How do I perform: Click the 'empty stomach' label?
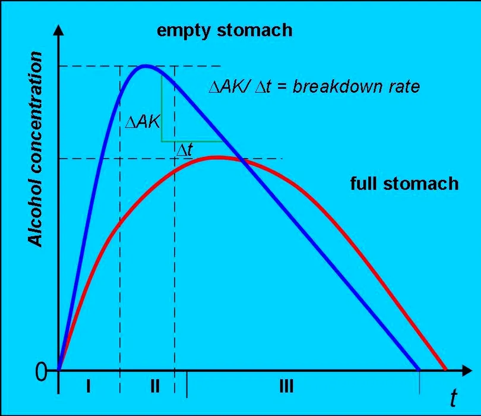click(224, 31)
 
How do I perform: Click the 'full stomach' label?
click(404, 183)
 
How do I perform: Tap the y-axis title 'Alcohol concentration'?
click(36, 149)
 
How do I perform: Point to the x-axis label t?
click(454, 399)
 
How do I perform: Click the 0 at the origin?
click(41, 373)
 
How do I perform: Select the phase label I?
click(88, 387)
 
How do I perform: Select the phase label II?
click(154, 387)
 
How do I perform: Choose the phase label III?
click(286, 387)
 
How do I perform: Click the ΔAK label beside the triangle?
click(144, 122)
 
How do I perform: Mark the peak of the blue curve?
click(145, 65)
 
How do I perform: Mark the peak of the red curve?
click(218, 157)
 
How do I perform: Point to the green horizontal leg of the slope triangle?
click(191, 141)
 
